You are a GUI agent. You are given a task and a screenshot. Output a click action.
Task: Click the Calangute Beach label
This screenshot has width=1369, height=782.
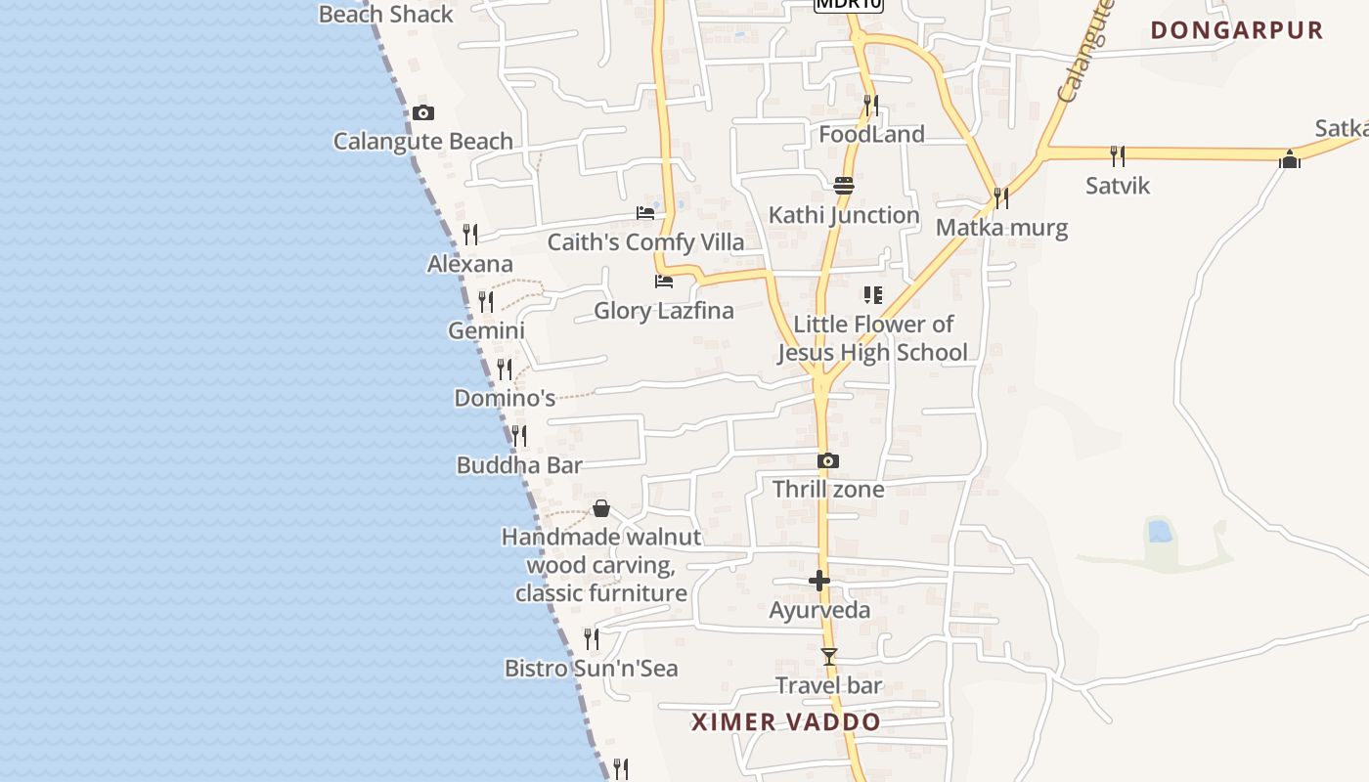(x=422, y=142)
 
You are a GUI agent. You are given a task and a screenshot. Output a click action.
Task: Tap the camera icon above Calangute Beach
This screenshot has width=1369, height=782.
(x=422, y=112)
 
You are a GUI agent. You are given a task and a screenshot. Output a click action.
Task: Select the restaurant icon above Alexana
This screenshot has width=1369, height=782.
(x=470, y=235)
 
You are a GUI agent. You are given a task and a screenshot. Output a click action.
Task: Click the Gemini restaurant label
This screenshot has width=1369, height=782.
(x=486, y=330)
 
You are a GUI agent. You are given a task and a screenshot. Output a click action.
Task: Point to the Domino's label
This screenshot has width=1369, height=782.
(x=505, y=398)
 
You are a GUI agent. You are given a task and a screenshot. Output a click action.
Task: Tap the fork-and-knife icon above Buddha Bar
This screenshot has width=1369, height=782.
(x=519, y=435)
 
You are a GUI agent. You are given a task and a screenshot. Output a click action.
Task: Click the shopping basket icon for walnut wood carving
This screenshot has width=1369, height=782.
(x=601, y=508)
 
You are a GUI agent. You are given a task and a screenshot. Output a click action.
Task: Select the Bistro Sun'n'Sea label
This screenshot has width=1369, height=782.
(x=591, y=669)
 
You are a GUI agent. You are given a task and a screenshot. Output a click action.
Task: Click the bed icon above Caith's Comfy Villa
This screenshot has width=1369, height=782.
(x=645, y=212)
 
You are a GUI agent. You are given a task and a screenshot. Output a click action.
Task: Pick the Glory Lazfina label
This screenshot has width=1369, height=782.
(x=664, y=311)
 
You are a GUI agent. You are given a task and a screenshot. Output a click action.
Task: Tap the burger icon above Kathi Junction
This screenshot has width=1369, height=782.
(x=844, y=185)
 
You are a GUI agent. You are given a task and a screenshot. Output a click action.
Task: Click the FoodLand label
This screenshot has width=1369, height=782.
(x=871, y=134)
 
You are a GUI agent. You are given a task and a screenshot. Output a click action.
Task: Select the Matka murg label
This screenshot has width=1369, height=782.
(x=1001, y=228)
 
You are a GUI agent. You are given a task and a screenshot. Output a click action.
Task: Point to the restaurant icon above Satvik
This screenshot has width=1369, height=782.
(x=1118, y=155)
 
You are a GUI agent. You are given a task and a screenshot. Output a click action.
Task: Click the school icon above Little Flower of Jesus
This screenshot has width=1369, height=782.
(x=873, y=294)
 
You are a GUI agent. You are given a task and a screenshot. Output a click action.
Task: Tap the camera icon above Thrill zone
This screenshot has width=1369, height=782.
(x=828, y=460)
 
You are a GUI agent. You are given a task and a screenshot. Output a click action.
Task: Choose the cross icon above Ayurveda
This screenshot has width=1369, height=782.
(x=819, y=581)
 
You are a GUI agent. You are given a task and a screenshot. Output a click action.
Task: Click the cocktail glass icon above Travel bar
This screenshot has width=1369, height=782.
(x=829, y=656)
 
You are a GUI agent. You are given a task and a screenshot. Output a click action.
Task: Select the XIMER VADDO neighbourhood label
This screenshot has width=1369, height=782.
(x=785, y=722)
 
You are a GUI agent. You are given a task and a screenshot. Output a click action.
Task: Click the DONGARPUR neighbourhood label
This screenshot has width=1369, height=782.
(x=1236, y=30)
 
